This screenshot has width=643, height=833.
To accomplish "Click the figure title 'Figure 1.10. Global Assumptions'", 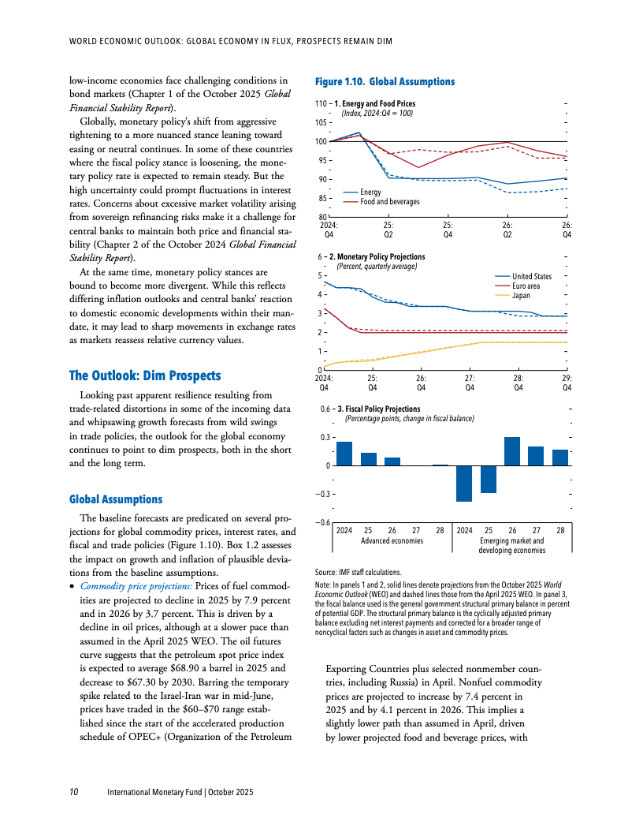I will click(385, 82).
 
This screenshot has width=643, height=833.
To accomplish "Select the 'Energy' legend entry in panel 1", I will click(370, 192).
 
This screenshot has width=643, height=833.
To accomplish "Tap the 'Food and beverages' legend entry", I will click(389, 202).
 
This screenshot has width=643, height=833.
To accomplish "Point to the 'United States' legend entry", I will click(532, 276).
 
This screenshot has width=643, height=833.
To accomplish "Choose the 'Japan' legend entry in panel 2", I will click(521, 296).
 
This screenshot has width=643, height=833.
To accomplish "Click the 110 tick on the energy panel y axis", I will click(321, 104).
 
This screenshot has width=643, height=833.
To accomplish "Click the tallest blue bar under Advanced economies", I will click(344, 454).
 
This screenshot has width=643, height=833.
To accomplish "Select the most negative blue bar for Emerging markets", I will click(464, 483).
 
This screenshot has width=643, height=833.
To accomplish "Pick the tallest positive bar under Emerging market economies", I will click(512, 451).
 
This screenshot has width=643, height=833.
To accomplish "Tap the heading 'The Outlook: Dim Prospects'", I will click(145, 375).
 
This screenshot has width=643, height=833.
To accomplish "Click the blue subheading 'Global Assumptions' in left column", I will click(116, 499).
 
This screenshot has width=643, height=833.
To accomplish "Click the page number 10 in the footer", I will click(73, 791).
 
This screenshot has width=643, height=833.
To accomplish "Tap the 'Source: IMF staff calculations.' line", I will click(357, 572).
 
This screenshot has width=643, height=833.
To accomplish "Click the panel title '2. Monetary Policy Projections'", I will click(380, 257).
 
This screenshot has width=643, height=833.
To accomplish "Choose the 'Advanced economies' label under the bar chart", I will click(392, 541).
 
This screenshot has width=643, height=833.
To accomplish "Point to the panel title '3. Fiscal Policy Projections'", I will click(377, 409).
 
